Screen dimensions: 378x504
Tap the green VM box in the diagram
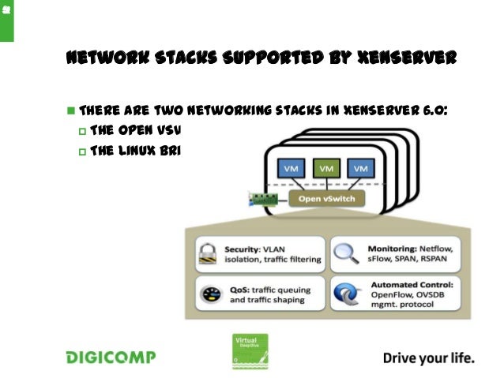(x=325, y=168)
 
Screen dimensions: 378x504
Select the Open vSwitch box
(x=326, y=198)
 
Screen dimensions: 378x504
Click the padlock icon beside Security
(x=208, y=253)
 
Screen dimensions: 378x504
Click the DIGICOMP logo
(x=110, y=357)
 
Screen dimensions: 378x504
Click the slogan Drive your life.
(x=429, y=357)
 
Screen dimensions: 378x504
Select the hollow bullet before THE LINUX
(x=81, y=149)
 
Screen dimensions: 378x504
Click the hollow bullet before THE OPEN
(x=81, y=129)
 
